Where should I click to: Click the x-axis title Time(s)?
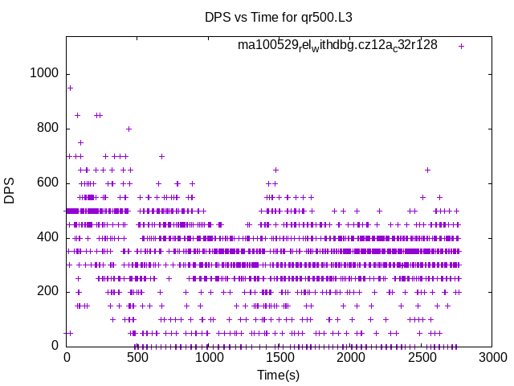[279, 375]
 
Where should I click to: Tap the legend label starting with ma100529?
[337, 45]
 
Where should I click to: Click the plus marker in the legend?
[461, 46]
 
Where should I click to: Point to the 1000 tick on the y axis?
[45, 73]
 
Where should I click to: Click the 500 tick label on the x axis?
[137, 358]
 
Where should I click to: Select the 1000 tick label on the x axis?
[209, 358]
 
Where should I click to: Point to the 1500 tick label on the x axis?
[279, 358]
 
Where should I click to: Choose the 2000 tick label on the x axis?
[351, 358]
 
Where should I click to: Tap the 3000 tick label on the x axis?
[493, 358]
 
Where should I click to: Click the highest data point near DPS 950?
[70, 88]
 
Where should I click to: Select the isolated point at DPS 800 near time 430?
[128, 129]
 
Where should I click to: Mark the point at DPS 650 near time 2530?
[427, 170]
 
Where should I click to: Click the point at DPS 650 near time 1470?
[275, 170]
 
